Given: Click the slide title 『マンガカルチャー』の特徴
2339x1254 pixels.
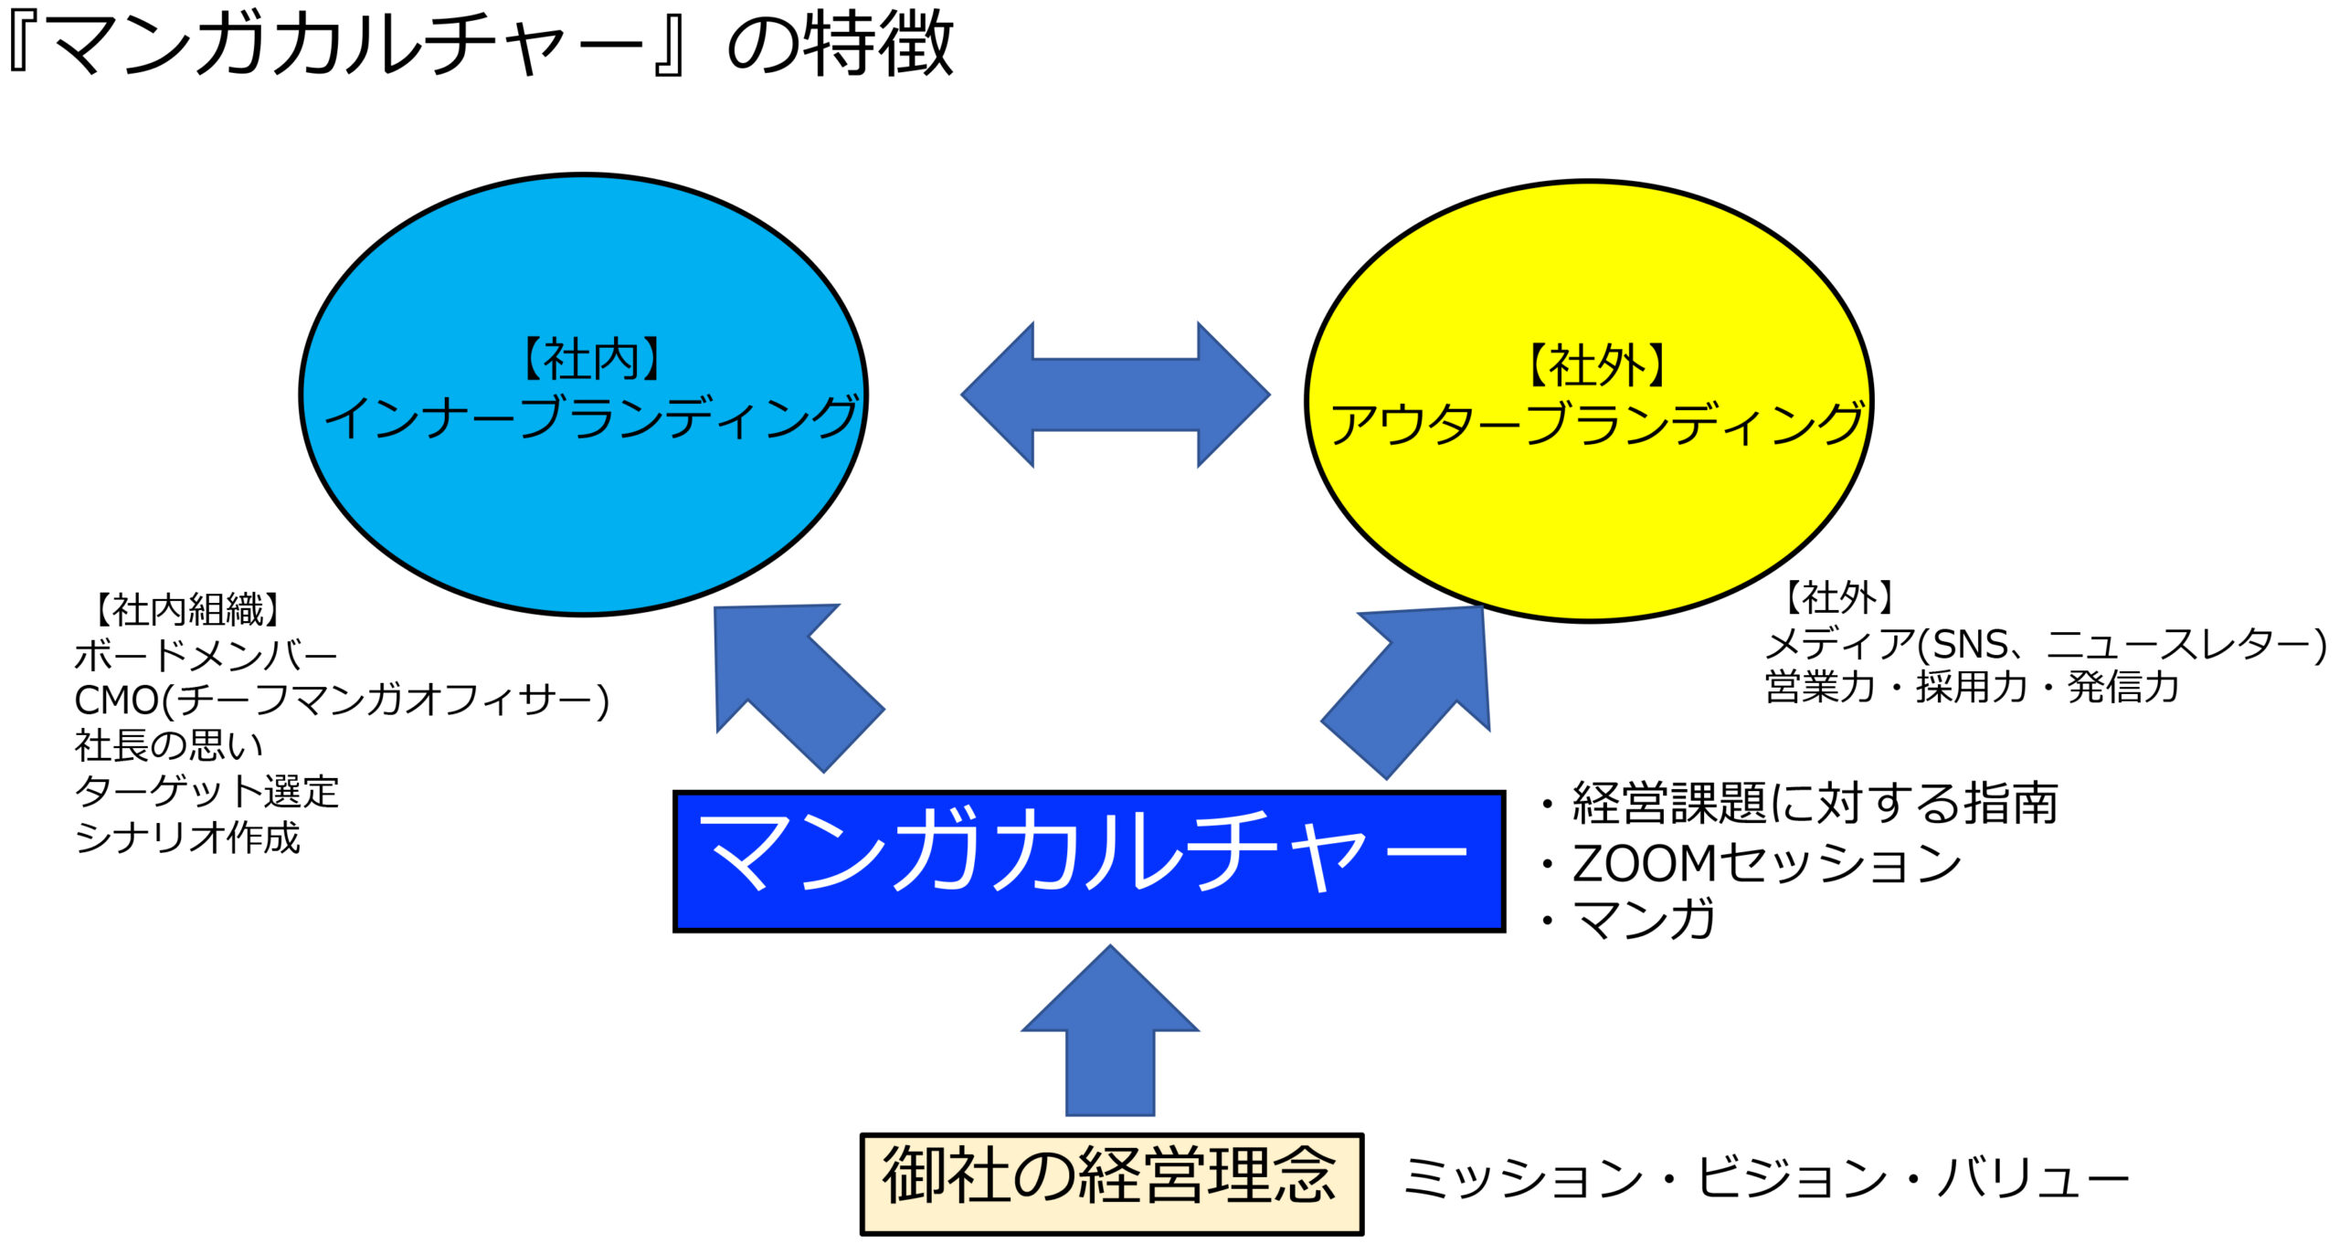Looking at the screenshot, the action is point(480,43).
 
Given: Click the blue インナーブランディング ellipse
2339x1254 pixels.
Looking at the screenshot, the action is point(584,395).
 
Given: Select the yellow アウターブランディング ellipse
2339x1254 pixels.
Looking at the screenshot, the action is point(1589,401).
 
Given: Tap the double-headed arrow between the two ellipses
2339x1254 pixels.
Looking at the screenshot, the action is point(1116,395).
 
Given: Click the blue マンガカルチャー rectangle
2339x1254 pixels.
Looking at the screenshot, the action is point(1089,861).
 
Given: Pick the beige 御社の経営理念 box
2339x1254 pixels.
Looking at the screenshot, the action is point(1112,1185).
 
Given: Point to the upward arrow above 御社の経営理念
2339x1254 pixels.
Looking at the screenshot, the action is point(1110,1030).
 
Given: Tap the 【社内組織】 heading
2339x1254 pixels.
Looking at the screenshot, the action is point(187,609).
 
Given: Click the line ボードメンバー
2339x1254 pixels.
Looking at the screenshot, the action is point(206,655).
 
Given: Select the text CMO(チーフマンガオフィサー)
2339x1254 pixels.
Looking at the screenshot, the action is point(342,701).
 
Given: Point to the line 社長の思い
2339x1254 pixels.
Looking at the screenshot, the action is point(169,745).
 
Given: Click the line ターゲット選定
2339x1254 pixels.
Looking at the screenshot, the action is point(206,791).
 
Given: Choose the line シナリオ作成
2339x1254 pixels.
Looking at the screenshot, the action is point(187,837).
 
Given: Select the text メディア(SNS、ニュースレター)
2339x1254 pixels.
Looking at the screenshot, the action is point(2045,644).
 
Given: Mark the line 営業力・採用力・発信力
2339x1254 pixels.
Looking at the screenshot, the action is point(1972,687).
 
